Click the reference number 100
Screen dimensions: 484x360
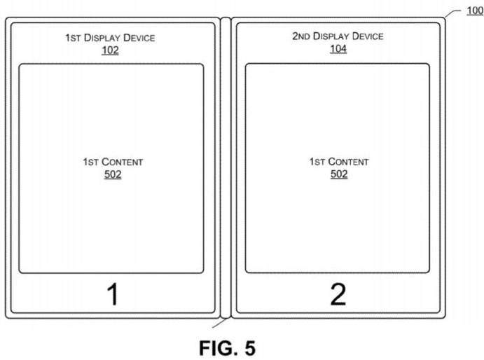tap(475, 11)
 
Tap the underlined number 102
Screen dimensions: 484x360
tap(110, 50)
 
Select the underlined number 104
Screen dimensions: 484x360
tap(338, 49)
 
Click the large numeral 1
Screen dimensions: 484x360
tap(113, 295)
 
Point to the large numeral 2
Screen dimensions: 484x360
tap(338, 295)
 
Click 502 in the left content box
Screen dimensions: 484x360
tap(113, 174)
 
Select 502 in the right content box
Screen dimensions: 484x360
tap(339, 174)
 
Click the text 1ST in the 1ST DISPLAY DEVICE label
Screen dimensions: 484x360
tap(73, 38)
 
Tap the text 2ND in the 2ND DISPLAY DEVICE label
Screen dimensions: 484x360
tap(301, 36)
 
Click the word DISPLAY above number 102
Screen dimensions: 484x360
tap(102, 38)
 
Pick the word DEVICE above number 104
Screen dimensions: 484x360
tap(368, 36)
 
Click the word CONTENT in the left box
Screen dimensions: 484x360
tap(123, 162)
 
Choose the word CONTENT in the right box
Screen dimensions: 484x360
tap(348, 162)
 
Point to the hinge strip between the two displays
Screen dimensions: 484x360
tap(226, 167)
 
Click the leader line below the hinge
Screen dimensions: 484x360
tap(220, 323)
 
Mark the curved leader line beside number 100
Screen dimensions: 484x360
tap(453, 13)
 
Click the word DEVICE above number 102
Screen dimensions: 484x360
tap(139, 38)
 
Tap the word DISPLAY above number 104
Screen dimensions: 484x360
tap(331, 36)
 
